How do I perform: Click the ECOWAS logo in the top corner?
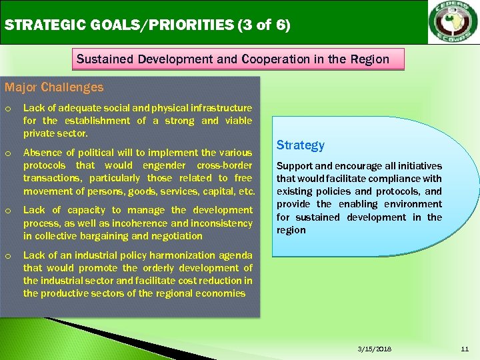[x=453, y=22]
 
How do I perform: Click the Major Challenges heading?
[x=54, y=87]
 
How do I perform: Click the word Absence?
[x=42, y=153]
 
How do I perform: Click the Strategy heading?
[x=301, y=145]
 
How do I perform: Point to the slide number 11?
[x=465, y=349]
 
